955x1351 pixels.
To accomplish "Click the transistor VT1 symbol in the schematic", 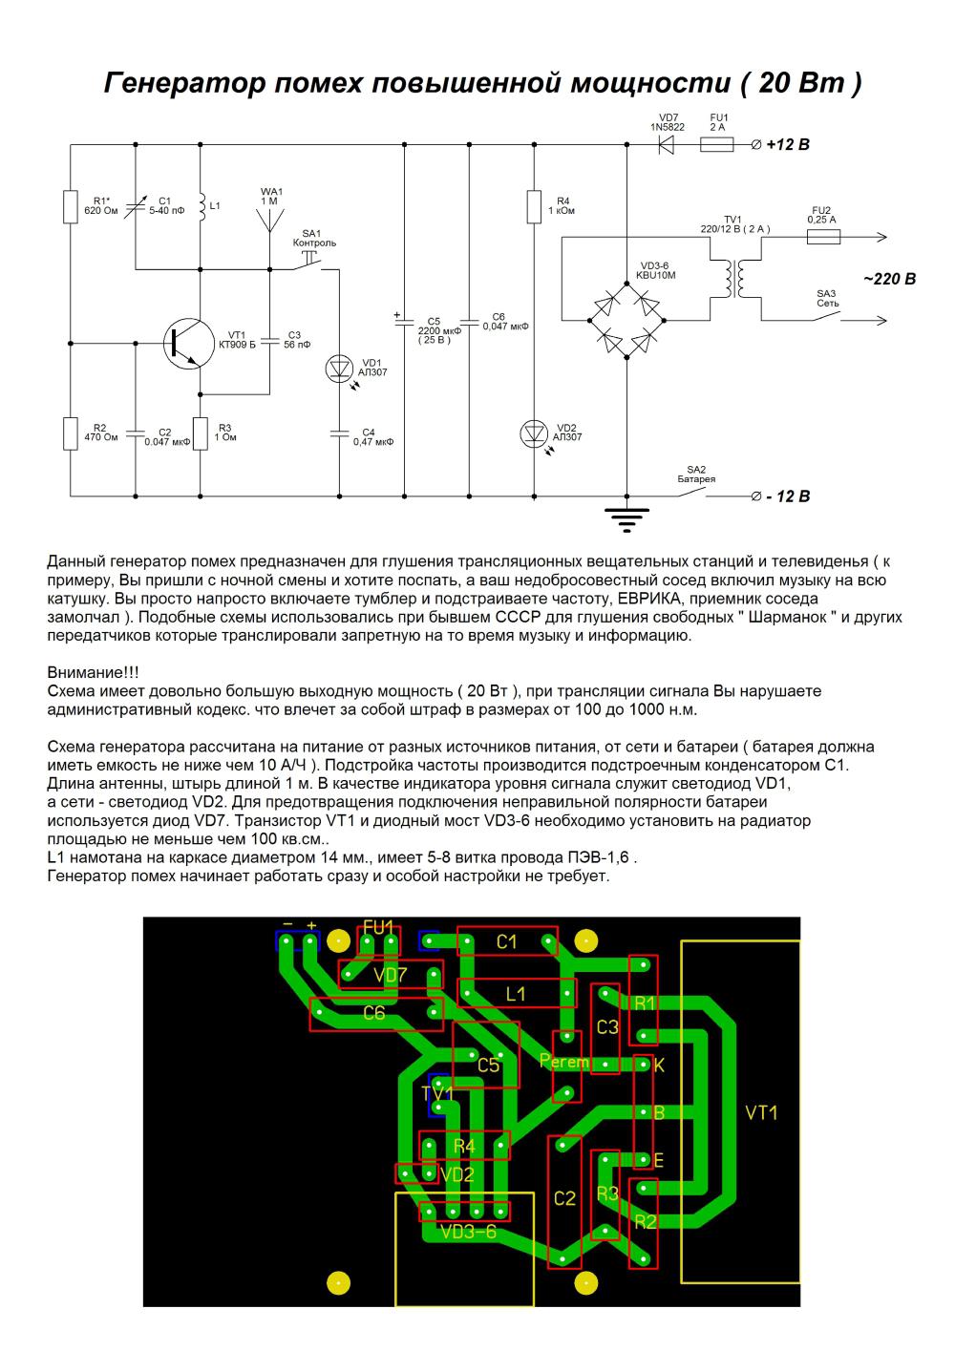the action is [x=189, y=344].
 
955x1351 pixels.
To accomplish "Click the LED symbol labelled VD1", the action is [x=339, y=369].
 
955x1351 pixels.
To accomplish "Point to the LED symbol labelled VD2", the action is [x=534, y=433].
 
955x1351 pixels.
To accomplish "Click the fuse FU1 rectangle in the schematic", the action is [x=716, y=145].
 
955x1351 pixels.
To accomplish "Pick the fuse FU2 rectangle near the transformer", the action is [x=823, y=237].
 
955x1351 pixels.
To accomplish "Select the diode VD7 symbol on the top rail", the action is [x=666, y=145].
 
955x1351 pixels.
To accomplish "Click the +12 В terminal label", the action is [x=788, y=145].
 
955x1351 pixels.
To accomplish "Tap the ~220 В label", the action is [x=890, y=279].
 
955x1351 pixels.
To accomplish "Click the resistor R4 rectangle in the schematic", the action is [x=534, y=206].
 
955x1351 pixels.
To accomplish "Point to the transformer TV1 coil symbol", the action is [x=735, y=279].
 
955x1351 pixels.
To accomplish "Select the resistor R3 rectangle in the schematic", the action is [x=201, y=433].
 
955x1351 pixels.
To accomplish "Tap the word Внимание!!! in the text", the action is [x=93, y=672].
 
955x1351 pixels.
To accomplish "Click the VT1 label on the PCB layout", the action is [x=761, y=1112].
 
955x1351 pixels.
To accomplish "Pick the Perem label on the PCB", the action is [x=563, y=1061].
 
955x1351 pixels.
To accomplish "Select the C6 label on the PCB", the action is [x=374, y=1013].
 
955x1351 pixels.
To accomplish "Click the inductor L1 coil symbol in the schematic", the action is [x=202, y=206].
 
